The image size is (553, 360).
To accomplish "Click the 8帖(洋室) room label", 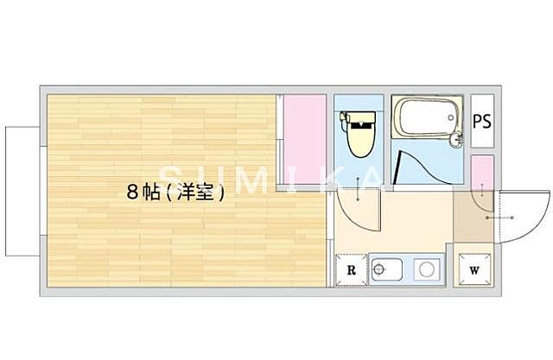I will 176,194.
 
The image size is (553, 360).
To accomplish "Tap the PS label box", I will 482,121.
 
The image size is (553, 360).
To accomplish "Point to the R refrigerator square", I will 351,269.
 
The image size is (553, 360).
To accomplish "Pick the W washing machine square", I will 474,269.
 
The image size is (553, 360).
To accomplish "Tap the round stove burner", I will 426,269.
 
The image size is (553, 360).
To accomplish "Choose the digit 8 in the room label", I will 132,194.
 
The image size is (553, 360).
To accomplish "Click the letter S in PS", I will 488,121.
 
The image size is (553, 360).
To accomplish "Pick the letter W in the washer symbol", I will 474,269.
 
